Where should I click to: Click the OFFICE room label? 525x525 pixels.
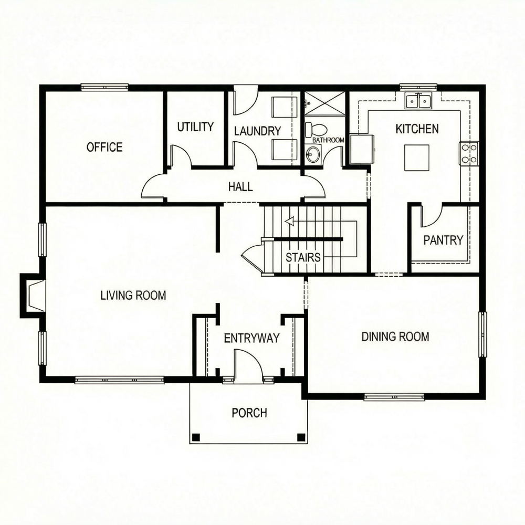pyautogui.click(x=104, y=147)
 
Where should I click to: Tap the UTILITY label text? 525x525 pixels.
pyautogui.click(x=195, y=127)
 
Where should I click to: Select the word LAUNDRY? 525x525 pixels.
pyautogui.click(x=257, y=131)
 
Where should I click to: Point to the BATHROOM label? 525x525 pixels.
pyautogui.click(x=328, y=140)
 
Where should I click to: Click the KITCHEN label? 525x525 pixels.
pyautogui.click(x=417, y=129)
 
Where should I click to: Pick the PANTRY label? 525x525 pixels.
pyautogui.click(x=443, y=240)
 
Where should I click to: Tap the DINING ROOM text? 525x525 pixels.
pyautogui.click(x=395, y=337)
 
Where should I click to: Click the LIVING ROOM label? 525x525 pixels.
pyautogui.click(x=133, y=295)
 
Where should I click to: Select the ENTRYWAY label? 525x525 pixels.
pyautogui.click(x=251, y=338)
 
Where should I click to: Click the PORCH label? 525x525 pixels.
pyautogui.click(x=249, y=413)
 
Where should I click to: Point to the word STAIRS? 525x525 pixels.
pyautogui.click(x=303, y=257)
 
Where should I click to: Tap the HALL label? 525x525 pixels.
pyautogui.click(x=240, y=186)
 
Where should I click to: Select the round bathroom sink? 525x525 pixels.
pyautogui.click(x=313, y=154)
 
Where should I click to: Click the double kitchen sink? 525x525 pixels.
pyautogui.click(x=418, y=100)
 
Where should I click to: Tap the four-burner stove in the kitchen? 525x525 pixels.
pyautogui.click(x=469, y=153)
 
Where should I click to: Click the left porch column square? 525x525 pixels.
pyautogui.click(x=196, y=437)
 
